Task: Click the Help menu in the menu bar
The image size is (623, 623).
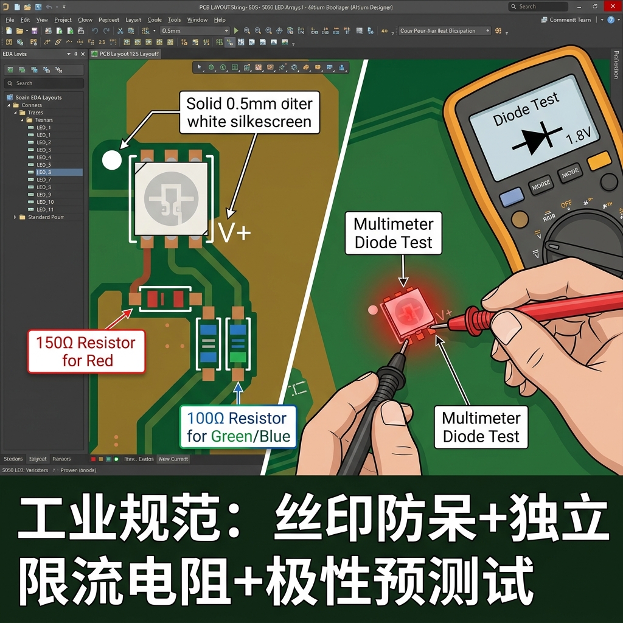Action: [220, 19]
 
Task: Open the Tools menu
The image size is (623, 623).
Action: [174, 19]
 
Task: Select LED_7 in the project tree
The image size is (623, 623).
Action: [44, 179]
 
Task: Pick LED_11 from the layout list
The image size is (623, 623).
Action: [45, 209]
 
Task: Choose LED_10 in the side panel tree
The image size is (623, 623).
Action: [45, 202]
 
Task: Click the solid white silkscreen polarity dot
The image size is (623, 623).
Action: [111, 160]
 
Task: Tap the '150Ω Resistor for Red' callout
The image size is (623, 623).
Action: [86, 352]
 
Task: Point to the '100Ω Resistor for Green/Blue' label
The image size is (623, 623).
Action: [237, 427]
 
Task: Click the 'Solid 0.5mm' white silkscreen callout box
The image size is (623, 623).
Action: [249, 113]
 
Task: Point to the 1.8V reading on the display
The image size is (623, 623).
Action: [579, 134]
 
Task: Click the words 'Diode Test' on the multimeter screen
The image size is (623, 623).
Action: [526, 110]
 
